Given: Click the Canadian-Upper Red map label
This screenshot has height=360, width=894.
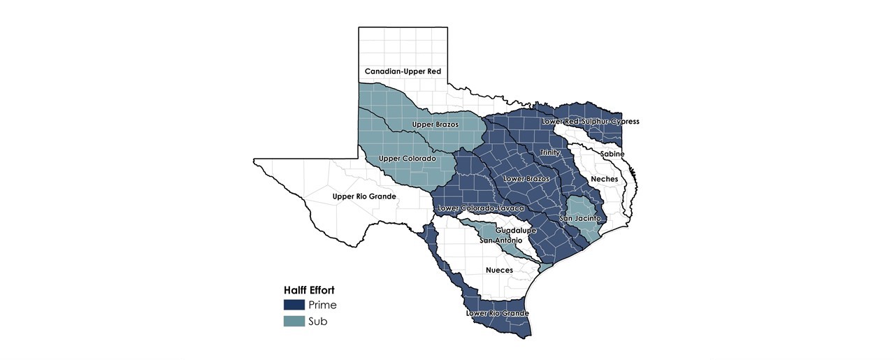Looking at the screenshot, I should [x=403, y=71].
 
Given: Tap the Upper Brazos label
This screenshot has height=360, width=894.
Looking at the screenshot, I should [x=435, y=124].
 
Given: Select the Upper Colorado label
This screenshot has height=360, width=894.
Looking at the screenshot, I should [x=407, y=159].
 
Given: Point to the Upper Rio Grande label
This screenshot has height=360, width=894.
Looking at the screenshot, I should [x=364, y=196].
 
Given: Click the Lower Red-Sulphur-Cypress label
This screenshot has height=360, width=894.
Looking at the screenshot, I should [x=590, y=122].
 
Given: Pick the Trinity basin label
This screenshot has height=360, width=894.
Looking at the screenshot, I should [x=549, y=152].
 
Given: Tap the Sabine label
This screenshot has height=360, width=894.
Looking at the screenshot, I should [x=612, y=154].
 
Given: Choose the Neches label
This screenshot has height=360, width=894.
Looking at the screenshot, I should [x=604, y=179].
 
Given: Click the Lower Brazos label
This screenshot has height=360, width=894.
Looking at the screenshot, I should [x=526, y=179].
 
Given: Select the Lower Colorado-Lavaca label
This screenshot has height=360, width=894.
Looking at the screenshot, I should [x=480, y=208].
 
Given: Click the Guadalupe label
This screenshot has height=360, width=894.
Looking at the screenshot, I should [x=516, y=230].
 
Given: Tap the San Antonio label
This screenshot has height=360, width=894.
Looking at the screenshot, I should [x=500, y=240].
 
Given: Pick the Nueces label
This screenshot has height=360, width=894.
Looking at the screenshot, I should [x=499, y=270].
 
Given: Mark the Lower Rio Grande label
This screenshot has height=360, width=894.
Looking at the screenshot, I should [x=497, y=313].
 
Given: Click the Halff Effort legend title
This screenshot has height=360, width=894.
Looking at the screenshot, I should [x=308, y=290].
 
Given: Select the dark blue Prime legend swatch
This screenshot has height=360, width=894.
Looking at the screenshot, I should [x=294, y=305].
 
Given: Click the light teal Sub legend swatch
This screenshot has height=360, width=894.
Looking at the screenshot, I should [x=294, y=322].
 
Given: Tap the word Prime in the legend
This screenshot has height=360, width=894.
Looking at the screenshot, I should [x=322, y=305].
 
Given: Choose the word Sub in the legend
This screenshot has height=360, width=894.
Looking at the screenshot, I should [x=317, y=322].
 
